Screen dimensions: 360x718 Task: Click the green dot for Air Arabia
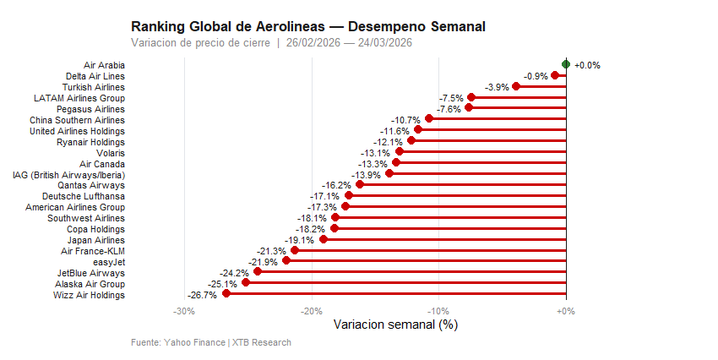pos(566,64)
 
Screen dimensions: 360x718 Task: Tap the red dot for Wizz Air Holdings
pos(226,294)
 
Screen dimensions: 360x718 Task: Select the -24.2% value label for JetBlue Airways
pos(234,273)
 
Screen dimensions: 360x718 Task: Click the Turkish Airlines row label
pos(94,87)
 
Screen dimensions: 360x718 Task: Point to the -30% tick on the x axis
pos(184,312)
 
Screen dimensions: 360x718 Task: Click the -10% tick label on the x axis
pos(438,312)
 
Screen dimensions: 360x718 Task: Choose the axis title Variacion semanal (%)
pos(395,325)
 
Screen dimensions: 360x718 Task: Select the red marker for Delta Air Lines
pos(555,75)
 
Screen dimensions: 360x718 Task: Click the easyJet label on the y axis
pos(108,262)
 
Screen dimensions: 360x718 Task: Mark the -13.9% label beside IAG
pos(366,175)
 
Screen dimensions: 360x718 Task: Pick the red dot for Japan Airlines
pos(324,239)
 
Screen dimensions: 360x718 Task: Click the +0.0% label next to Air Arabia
pos(587,65)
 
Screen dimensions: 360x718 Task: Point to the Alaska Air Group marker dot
pos(246,283)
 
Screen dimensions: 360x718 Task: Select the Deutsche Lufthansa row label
pos(84,196)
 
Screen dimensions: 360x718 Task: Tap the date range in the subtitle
pos(349,42)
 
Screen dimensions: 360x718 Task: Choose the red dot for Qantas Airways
pos(360,184)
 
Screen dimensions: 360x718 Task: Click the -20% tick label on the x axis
pos(311,312)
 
